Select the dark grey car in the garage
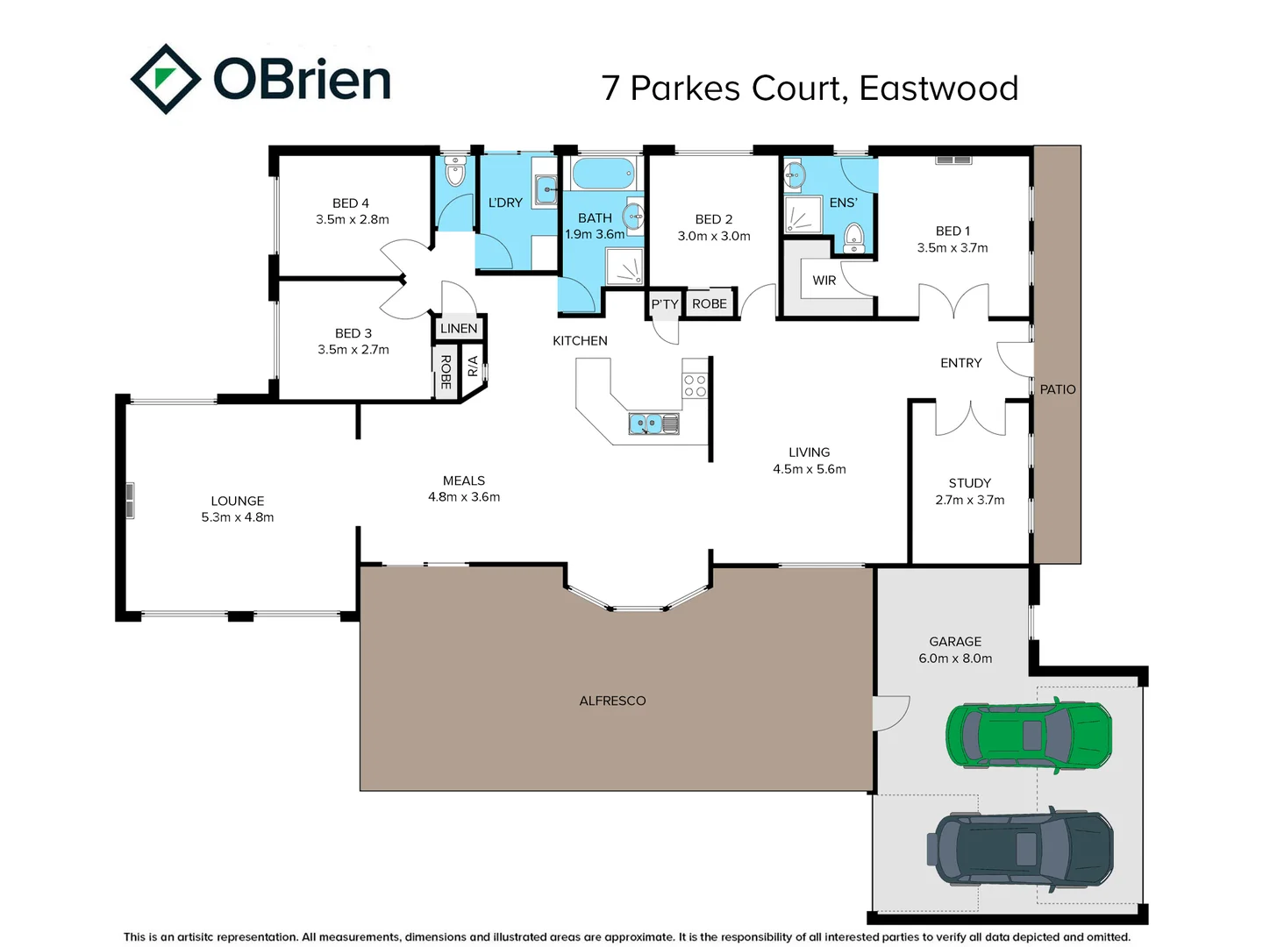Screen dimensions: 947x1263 (1019, 848)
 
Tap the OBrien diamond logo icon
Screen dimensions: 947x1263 (165, 79)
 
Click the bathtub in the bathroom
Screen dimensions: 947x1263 (603, 174)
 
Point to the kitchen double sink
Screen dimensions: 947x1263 (653, 424)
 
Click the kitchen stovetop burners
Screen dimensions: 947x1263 (695, 386)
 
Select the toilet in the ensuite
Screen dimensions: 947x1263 (853, 237)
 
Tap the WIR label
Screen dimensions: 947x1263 (824, 281)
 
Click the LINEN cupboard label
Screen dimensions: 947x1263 (459, 329)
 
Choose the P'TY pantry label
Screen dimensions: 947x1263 (664, 304)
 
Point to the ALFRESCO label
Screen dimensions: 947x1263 (612, 701)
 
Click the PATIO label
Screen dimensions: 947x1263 (1057, 389)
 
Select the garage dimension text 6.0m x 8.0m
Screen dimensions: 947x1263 (955, 659)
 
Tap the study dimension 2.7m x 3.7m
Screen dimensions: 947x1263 (969, 500)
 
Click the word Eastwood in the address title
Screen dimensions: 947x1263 (938, 89)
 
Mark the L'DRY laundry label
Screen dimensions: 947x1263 (505, 203)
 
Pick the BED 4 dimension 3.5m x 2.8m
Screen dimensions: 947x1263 (352, 219)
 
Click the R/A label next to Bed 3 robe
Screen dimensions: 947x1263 (473, 367)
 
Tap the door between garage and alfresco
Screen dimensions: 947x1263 (889, 712)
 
